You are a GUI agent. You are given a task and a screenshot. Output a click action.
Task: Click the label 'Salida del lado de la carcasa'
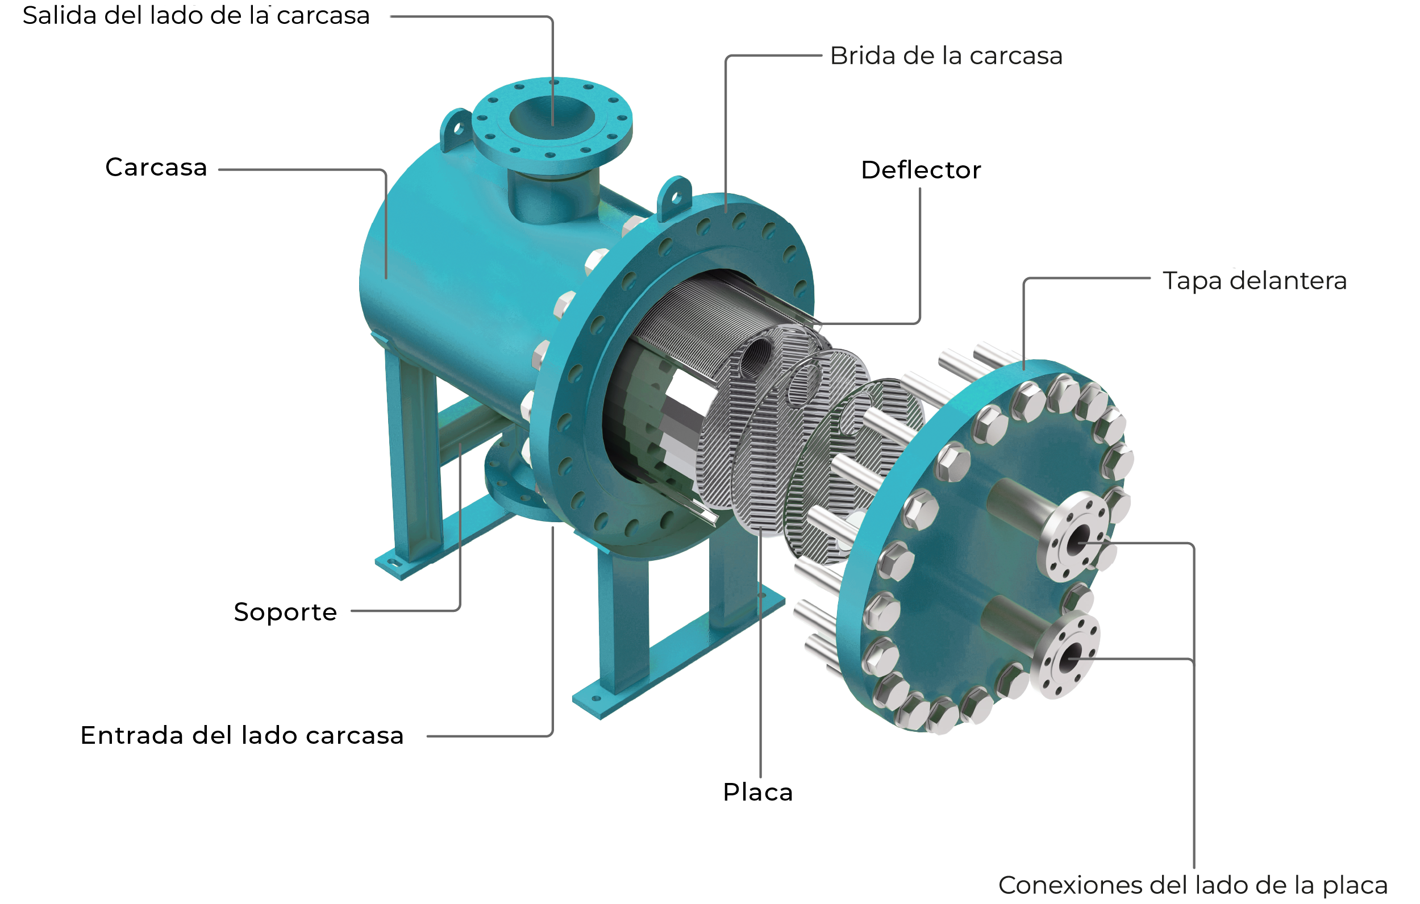[196, 16]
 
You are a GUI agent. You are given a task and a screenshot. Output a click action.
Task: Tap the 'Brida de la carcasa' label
[946, 56]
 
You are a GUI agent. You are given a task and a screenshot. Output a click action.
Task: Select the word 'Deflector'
[921, 170]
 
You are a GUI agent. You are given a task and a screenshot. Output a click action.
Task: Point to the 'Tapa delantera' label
[1254, 281]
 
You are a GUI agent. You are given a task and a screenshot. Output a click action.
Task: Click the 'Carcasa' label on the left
[156, 168]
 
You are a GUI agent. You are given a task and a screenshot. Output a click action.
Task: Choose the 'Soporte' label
[285, 613]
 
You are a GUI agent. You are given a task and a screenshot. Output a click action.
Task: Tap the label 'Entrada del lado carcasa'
[241, 736]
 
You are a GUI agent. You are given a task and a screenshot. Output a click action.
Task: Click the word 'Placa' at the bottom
[758, 793]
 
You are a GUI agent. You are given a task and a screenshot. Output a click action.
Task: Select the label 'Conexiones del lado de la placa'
[1192, 886]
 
